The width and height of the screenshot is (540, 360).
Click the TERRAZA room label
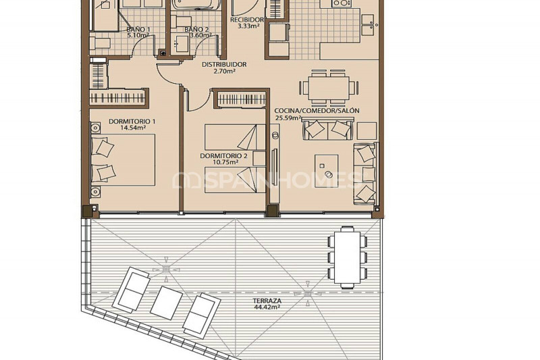coord(267,301)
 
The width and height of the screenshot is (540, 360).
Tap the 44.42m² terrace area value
coord(267,307)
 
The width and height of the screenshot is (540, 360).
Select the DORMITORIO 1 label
coord(132,122)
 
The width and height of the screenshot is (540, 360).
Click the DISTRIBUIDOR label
coord(224,64)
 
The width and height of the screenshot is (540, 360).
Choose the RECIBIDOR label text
coord(246,20)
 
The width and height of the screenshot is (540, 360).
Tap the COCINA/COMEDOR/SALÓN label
coord(317,111)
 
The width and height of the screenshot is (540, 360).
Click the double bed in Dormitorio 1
coord(123,160)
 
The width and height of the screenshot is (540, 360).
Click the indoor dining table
coord(329,87)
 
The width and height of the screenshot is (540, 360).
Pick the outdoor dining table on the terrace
coord(348,257)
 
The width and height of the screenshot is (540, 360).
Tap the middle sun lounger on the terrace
coord(167,303)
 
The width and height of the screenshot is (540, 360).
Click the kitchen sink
coord(367,25)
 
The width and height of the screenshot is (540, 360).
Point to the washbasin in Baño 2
coord(181,44)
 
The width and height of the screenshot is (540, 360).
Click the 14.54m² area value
coord(132,128)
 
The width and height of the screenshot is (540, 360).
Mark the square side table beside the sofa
coord(367,130)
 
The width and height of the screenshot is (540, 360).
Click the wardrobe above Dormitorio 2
coord(242,100)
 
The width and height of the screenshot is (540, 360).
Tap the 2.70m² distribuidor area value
coord(224,72)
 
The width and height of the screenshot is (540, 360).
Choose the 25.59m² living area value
coord(288,118)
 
